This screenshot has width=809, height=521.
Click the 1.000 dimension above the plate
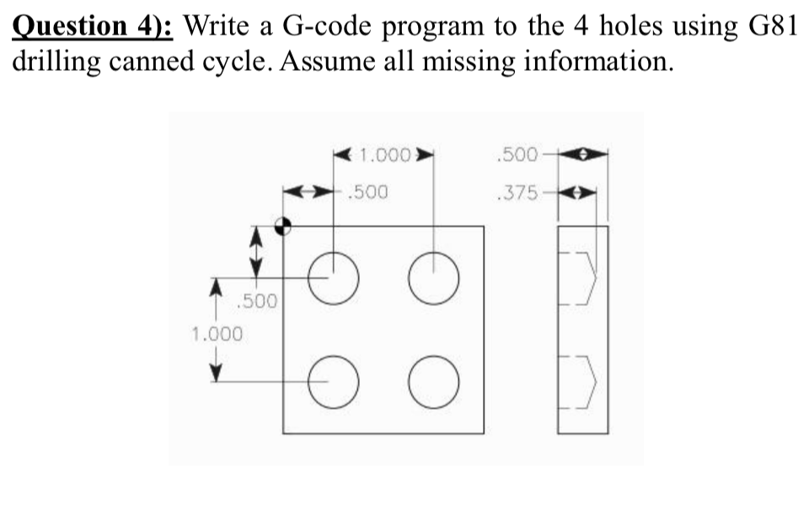click(x=384, y=156)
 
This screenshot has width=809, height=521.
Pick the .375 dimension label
click(x=517, y=192)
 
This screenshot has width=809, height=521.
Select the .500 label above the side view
click(x=517, y=156)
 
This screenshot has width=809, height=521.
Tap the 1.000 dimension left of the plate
click(x=217, y=333)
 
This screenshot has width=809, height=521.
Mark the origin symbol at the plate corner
click(x=284, y=225)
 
